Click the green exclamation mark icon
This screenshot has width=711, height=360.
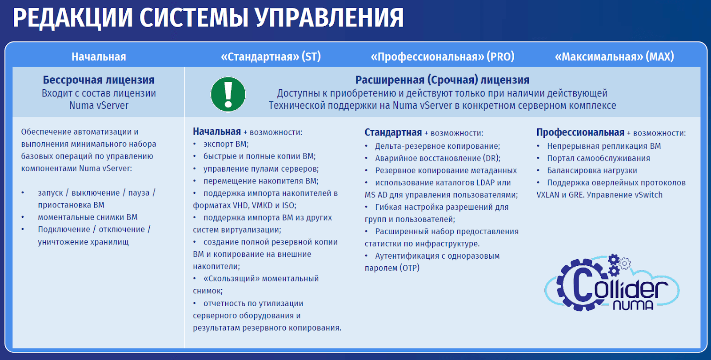click(x=228, y=94)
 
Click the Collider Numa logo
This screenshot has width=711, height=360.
click(x=612, y=282)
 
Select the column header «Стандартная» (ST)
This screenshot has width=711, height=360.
click(x=271, y=56)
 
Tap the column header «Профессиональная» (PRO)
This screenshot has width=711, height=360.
click(x=443, y=56)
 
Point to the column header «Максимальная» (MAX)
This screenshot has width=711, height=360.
click(x=614, y=56)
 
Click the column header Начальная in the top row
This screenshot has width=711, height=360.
click(x=99, y=57)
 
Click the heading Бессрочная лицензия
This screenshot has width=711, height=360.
click(x=99, y=80)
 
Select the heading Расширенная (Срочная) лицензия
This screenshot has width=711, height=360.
click(x=442, y=80)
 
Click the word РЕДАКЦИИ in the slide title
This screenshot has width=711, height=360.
click(x=73, y=18)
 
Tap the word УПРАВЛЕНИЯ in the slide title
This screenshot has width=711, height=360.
click(x=329, y=18)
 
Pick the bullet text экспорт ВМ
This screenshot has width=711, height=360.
click(x=226, y=144)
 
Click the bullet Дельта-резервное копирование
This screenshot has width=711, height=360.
click(x=437, y=146)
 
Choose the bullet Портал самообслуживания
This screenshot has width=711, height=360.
click(x=598, y=158)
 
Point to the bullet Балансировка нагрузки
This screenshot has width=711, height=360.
click(x=592, y=171)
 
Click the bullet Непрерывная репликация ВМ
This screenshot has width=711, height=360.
click(x=604, y=146)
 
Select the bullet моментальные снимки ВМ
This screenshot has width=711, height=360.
click(x=88, y=217)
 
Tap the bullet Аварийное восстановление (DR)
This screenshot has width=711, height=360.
click(x=438, y=158)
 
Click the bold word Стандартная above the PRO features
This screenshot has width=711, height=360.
click(x=393, y=132)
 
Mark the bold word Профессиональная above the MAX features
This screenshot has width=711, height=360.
click(x=580, y=132)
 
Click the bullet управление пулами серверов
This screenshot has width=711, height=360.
click(x=261, y=169)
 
